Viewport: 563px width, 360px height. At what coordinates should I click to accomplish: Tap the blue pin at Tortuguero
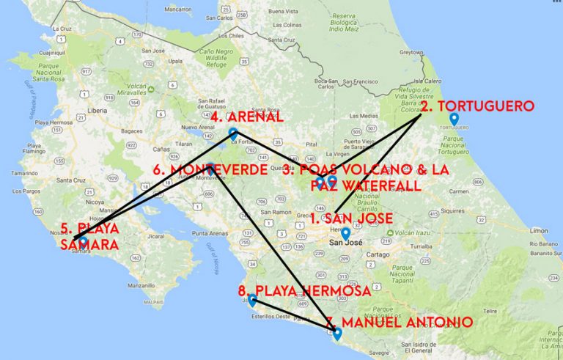(x=454, y=119)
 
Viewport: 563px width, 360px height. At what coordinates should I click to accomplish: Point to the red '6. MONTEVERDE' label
(x=210, y=170)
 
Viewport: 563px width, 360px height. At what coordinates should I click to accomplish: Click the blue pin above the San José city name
(x=345, y=234)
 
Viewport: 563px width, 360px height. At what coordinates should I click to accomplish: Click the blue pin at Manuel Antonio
(x=337, y=334)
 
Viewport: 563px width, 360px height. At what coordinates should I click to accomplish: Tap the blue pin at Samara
(x=84, y=240)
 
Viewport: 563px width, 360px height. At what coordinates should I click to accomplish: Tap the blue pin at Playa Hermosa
(x=252, y=299)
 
